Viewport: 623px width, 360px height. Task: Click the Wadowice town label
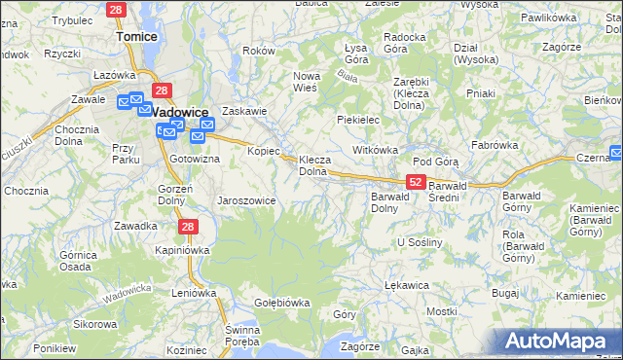pos(182,111)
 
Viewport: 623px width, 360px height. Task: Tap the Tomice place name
pos(136,36)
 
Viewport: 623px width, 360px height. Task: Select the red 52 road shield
pos(416,182)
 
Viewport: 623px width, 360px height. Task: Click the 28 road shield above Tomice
pos(117,10)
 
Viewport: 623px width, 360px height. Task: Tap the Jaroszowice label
pos(246,200)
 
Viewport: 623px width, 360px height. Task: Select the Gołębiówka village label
pos(281,302)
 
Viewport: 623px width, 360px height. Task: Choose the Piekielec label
pos(357,119)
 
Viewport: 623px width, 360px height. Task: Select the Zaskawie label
pos(244,110)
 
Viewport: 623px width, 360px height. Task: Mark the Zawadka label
pos(135,226)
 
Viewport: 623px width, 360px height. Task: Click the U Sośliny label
pos(421,240)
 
